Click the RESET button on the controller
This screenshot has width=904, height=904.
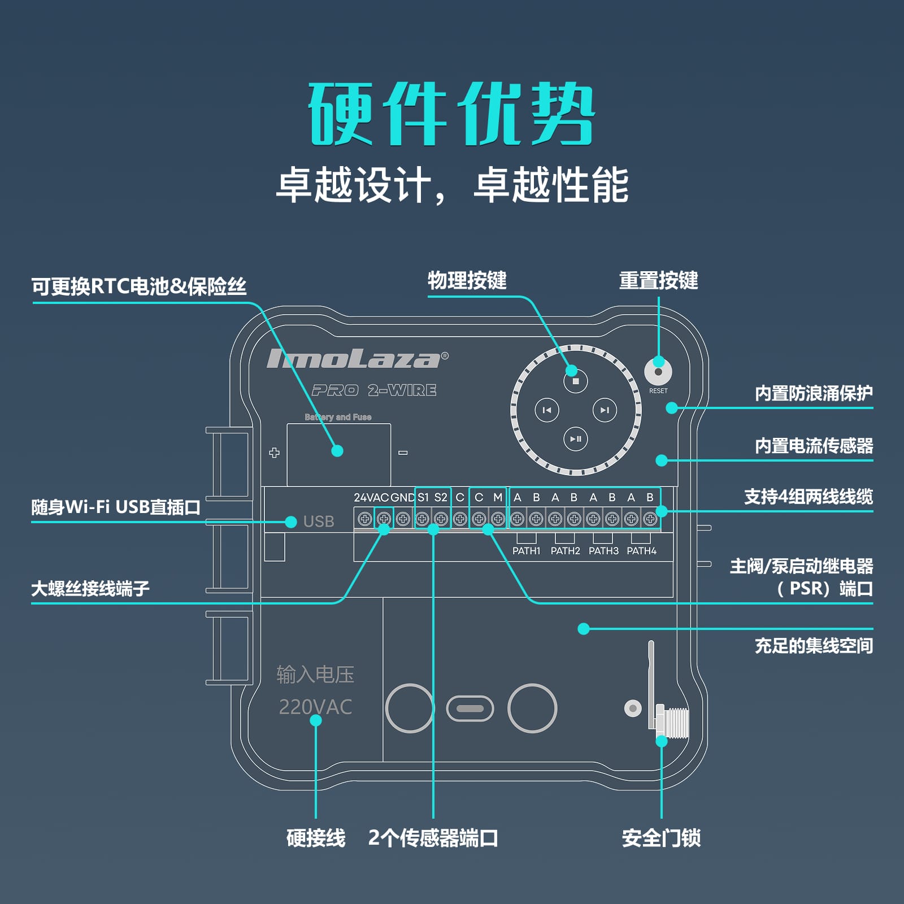658,372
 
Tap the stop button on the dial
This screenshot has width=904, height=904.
576,381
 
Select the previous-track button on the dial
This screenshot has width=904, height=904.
547,410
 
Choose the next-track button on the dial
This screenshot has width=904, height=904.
605,410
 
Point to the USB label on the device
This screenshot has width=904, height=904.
319,521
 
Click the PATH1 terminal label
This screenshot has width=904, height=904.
527,551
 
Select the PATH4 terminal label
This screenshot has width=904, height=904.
641,551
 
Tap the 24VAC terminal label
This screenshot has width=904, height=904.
371,498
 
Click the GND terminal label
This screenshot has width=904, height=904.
403,498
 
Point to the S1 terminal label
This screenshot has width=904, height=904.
423,498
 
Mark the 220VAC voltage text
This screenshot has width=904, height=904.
315,707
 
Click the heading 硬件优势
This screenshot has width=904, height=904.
451,114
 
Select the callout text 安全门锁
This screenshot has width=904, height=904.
661,838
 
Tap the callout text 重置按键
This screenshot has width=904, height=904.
659,280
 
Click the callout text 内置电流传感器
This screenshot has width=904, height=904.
814,446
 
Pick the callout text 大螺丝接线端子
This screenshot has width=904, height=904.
90,589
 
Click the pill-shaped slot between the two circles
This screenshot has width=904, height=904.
470,709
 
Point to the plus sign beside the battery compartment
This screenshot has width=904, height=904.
275,453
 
